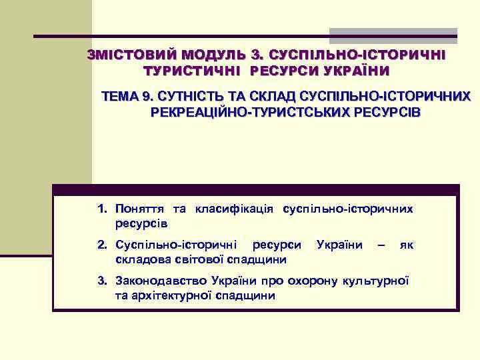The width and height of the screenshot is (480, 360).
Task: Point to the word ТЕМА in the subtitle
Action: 119,97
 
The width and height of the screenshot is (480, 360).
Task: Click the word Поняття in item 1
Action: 137,209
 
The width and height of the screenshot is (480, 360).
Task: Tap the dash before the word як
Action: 381,245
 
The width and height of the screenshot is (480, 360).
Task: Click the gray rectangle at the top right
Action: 393,35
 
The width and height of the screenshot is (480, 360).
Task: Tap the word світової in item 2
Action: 193,259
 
